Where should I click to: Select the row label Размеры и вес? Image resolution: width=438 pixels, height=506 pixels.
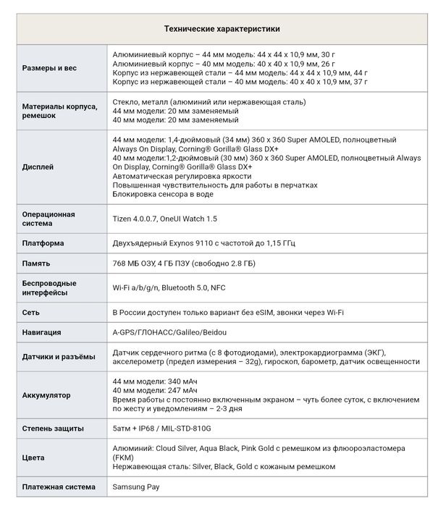coord(49,68)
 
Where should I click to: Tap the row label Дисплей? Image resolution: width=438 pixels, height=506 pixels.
coord(38,167)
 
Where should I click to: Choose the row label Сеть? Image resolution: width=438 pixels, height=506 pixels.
coord(31,313)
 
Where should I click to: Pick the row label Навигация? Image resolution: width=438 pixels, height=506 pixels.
coord(42,332)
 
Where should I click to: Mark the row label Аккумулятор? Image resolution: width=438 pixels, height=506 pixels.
coord(46,395)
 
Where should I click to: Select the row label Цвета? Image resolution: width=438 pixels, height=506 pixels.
coord(33,457)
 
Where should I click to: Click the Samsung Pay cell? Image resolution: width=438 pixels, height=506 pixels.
coord(136,487)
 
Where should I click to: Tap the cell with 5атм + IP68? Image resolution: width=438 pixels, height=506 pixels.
coord(162,429)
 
